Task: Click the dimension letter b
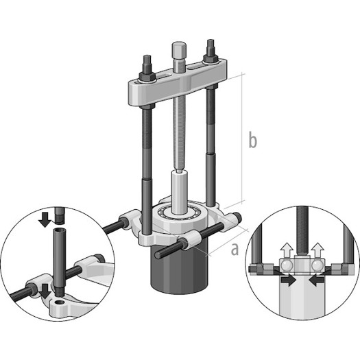coord(253,139)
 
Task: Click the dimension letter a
coord(235,250)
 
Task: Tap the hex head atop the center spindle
coord(179,49)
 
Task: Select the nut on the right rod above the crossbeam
coord(211,58)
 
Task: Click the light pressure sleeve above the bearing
coord(180,193)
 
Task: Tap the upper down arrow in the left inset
coord(45,219)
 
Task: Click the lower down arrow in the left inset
coord(45,291)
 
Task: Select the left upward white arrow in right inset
coord(287,250)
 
